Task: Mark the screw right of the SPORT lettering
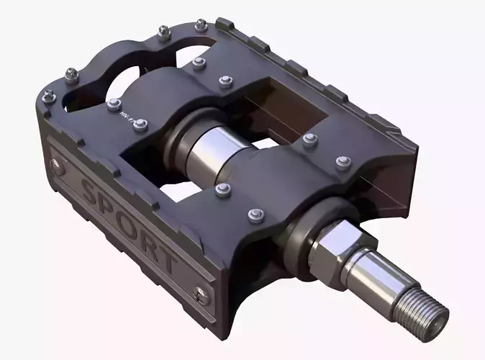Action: [x=202, y=294]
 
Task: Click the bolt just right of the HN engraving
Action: [x=140, y=125]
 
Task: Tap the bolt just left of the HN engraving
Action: [x=113, y=105]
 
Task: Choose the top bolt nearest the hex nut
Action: [x=254, y=214]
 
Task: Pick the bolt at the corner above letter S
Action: [x=48, y=95]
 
